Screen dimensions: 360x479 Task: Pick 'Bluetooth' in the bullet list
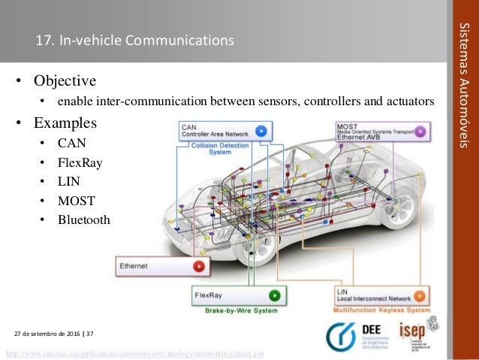(83, 219)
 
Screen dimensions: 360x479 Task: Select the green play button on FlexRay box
(275, 295)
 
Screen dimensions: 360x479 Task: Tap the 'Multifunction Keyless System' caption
(381, 310)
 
